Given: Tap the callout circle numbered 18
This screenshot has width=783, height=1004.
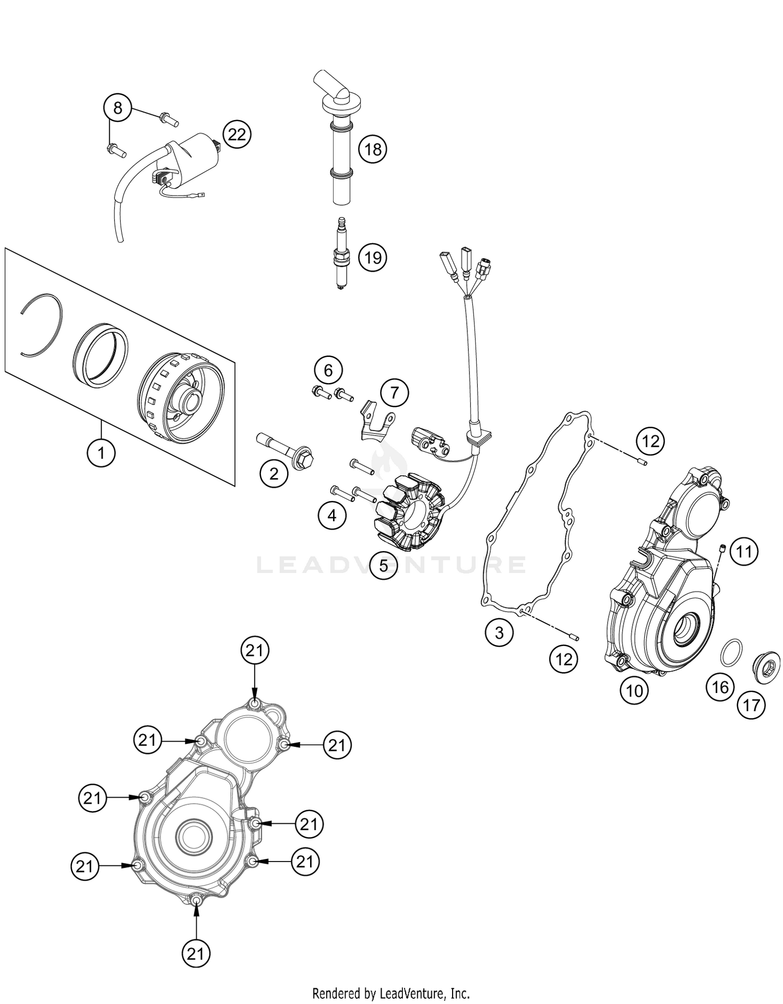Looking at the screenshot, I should click(x=373, y=150).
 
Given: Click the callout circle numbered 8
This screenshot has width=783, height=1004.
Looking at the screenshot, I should click(x=117, y=108).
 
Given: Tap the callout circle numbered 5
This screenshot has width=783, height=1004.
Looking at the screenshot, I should click(x=384, y=565).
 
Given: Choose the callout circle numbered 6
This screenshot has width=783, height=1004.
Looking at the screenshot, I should click(x=328, y=370).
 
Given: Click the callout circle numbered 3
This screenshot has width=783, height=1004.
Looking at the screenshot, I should click(x=499, y=632).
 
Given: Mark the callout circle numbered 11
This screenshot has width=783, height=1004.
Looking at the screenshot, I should click(x=744, y=551).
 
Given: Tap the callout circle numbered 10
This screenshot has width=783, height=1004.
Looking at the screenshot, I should click(x=634, y=691).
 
